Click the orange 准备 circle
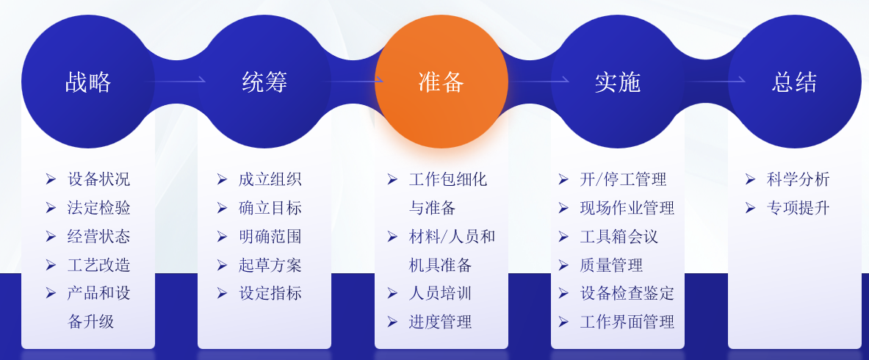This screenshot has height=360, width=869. [441, 81]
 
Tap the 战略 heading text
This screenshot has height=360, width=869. [88, 82]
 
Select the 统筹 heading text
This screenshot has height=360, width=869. [264, 82]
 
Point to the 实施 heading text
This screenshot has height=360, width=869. [617, 82]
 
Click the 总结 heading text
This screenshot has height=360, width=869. [794, 82]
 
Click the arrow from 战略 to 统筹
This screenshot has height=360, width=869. [173, 80]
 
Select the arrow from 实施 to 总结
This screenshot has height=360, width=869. [715, 80]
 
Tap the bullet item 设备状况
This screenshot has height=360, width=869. [98, 179]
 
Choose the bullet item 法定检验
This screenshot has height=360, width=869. [98, 208]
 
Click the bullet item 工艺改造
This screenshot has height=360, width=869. [98, 265]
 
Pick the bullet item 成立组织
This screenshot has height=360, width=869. [270, 179]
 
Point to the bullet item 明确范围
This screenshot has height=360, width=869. [270, 237]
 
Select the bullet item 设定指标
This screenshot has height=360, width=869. [270, 293]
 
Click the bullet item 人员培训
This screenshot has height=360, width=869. [440, 293]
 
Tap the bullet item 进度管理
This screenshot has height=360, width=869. [440, 323]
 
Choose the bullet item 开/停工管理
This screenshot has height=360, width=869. [623, 179]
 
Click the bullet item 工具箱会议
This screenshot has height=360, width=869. [619, 237]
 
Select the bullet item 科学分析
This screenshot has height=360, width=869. [798, 179]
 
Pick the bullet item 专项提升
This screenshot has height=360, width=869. [798, 208]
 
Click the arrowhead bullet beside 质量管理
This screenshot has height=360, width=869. [563, 265]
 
